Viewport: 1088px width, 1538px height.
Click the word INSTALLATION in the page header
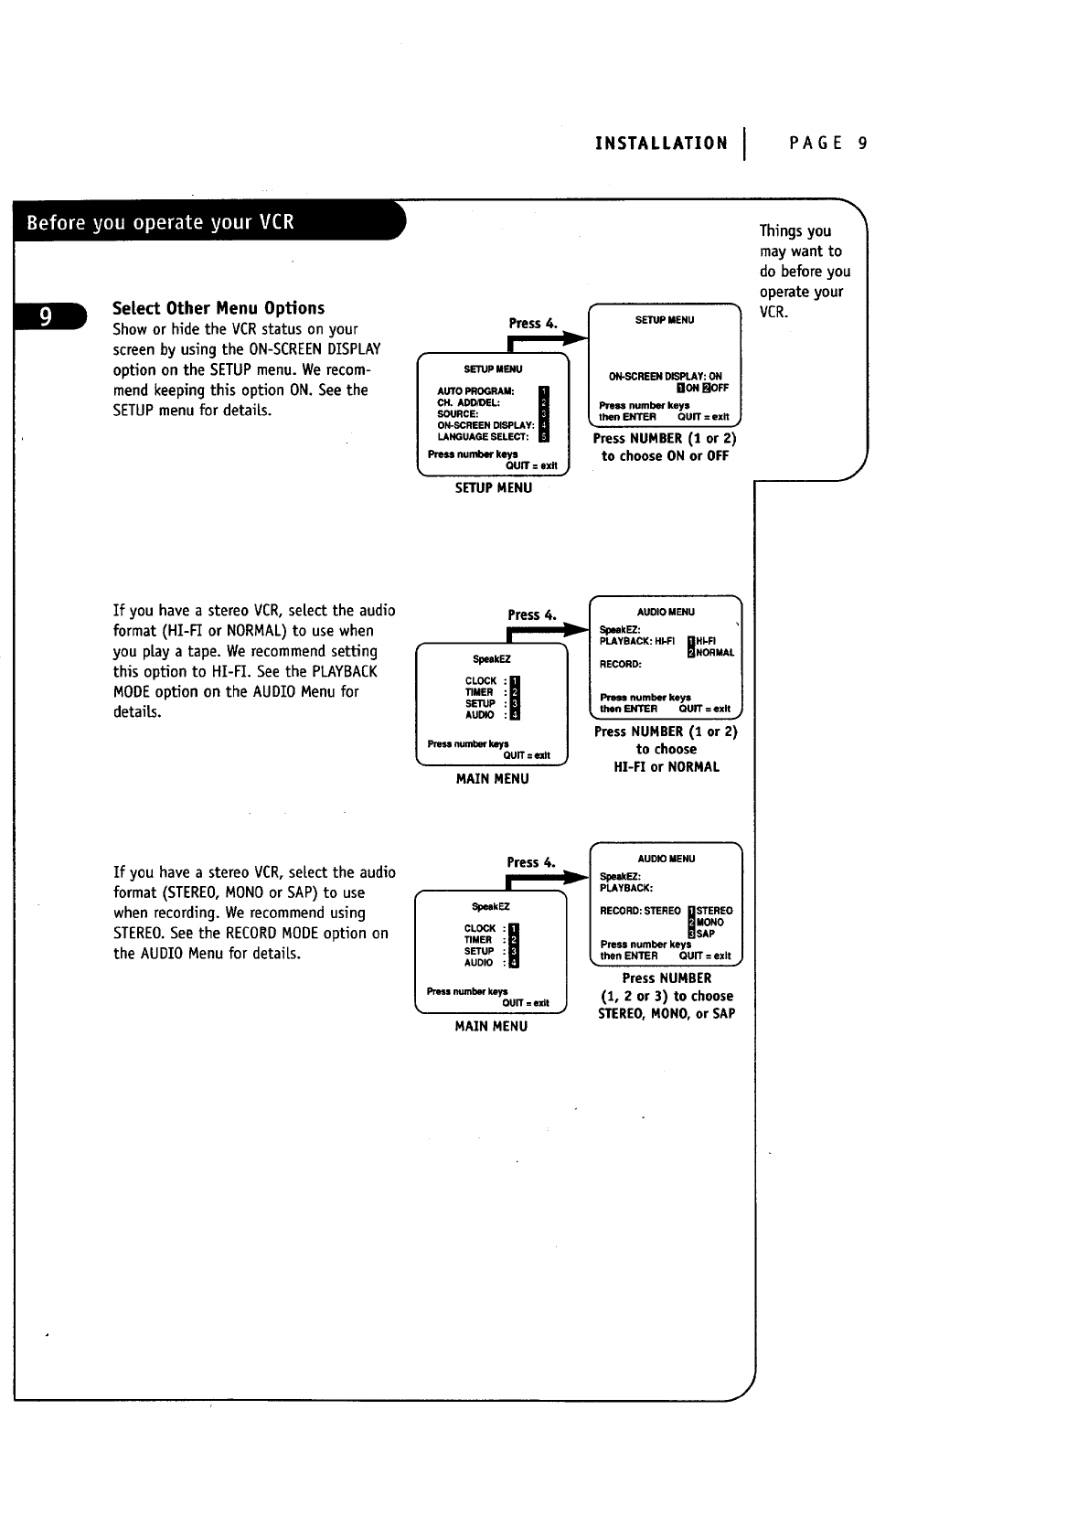661,144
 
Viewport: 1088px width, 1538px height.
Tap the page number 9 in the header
862,144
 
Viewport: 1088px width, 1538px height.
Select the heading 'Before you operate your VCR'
161,222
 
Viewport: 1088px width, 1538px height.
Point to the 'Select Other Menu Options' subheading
219,308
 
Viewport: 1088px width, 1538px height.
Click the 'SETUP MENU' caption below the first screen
493,488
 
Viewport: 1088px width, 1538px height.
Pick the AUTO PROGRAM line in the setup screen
475,391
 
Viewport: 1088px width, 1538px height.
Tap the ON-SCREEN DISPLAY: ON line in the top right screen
665,376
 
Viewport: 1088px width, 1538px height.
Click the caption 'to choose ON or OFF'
665,456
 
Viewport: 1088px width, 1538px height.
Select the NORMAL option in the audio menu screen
715,653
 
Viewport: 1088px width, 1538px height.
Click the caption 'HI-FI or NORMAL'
666,767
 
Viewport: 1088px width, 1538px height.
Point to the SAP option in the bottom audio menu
706,934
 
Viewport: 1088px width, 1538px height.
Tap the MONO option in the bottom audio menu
709,922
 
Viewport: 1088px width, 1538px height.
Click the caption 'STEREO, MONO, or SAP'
666,1013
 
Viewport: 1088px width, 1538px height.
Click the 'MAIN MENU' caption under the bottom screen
491,1026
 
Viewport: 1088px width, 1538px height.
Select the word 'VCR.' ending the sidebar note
773,312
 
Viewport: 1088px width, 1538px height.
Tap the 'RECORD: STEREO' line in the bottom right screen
640,911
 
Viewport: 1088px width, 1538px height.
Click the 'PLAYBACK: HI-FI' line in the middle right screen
636,641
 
